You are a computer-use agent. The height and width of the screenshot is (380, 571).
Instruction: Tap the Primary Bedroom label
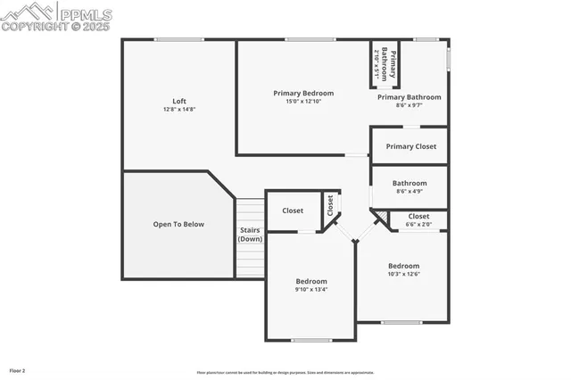click(303, 93)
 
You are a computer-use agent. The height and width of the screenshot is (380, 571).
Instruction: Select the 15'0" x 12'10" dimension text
click(303, 101)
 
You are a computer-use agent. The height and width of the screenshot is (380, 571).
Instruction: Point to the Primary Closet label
click(410, 146)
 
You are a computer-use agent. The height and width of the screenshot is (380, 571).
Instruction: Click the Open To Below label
click(178, 224)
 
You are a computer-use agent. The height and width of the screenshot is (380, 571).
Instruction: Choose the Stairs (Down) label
click(250, 235)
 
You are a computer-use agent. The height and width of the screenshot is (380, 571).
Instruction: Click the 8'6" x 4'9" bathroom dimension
click(410, 191)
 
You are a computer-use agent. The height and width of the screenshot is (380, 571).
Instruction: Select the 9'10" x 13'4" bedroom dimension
click(311, 289)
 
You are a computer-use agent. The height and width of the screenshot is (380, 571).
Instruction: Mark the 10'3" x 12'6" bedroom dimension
click(403, 274)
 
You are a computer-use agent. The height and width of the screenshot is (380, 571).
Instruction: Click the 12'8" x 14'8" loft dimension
click(179, 109)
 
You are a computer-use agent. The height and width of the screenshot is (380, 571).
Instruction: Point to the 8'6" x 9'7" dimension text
click(410, 105)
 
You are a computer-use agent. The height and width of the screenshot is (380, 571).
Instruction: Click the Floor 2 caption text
click(18, 369)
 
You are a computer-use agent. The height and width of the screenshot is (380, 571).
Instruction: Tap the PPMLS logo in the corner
click(56, 16)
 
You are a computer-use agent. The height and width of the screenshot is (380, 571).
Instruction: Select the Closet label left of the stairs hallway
click(293, 211)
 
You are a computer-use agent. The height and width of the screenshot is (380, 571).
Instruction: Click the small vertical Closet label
click(329, 206)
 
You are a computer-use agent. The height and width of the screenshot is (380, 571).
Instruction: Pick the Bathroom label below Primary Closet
click(410, 183)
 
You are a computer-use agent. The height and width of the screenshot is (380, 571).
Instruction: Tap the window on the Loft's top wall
click(179, 39)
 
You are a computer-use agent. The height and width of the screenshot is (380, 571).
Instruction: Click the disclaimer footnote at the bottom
click(285, 373)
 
